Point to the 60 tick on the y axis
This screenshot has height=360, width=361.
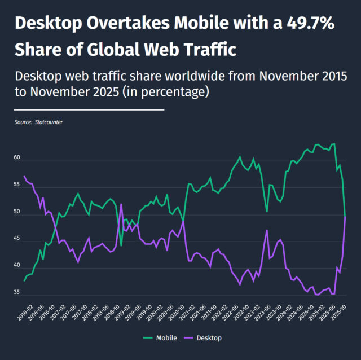[17, 158]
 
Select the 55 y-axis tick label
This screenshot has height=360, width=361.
[17, 185]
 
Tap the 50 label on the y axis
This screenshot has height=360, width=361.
[17, 212]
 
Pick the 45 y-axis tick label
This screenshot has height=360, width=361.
[17, 239]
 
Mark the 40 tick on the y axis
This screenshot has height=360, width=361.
[17, 266]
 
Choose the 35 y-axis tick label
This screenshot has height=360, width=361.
[17, 293]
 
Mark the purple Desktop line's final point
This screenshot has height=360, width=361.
[345, 217]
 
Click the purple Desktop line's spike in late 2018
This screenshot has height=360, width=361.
[121, 204]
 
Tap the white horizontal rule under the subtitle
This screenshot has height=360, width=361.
[89, 109]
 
